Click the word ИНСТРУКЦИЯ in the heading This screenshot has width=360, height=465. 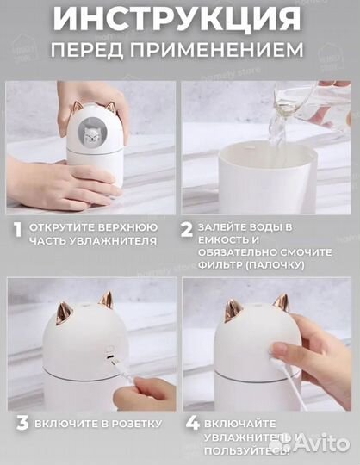coord(179,18)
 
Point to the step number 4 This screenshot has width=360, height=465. coord(191,424)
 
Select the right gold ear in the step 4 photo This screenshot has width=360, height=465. coord(280,303)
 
